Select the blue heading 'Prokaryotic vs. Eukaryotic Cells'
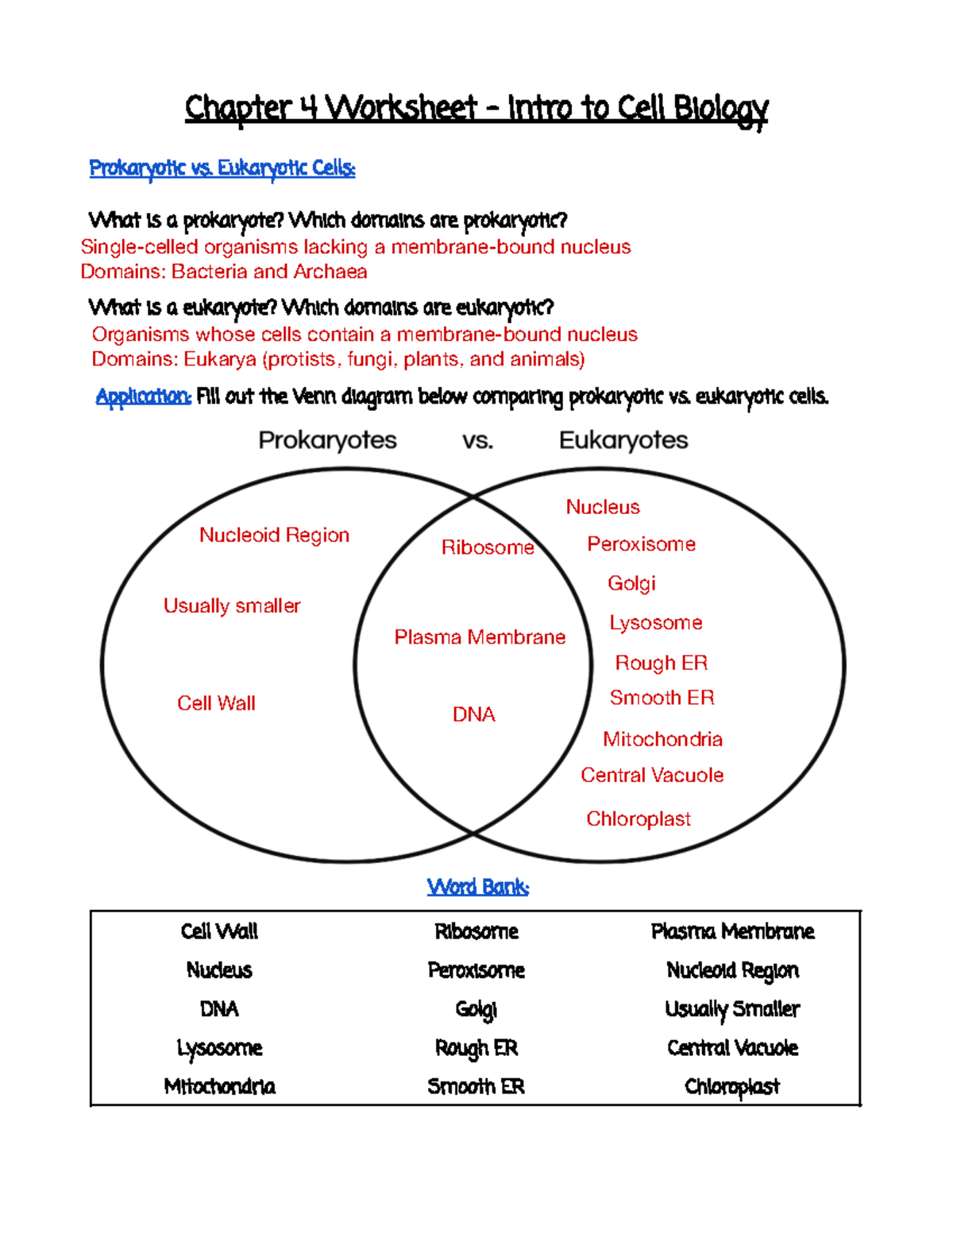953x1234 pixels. click(x=222, y=168)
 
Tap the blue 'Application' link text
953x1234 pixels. click(x=143, y=397)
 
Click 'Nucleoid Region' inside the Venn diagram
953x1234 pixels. click(x=274, y=536)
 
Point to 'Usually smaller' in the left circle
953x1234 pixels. click(x=232, y=606)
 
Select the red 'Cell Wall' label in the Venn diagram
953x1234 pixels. click(x=216, y=703)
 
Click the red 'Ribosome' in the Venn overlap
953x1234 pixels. click(x=488, y=547)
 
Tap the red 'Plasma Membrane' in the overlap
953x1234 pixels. click(x=480, y=637)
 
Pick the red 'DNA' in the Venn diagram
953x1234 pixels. click(x=473, y=715)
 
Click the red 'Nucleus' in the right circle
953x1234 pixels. click(x=603, y=507)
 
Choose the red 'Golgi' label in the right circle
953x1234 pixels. click(x=631, y=583)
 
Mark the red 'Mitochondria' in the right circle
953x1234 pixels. click(x=662, y=740)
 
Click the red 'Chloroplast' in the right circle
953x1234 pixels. click(x=639, y=819)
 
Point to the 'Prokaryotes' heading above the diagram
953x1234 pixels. click(x=327, y=440)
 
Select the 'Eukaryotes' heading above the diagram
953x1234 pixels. click(x=623, y=440)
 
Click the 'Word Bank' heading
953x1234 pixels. click(x=477, y=887)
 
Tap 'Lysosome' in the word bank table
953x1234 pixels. click(x=219, y=1049)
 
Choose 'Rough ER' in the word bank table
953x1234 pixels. click(x=476, y=1049)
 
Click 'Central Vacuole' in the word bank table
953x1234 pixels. click(x=732, y=1049)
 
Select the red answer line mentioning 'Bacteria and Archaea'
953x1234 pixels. click(x=224, y=272)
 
